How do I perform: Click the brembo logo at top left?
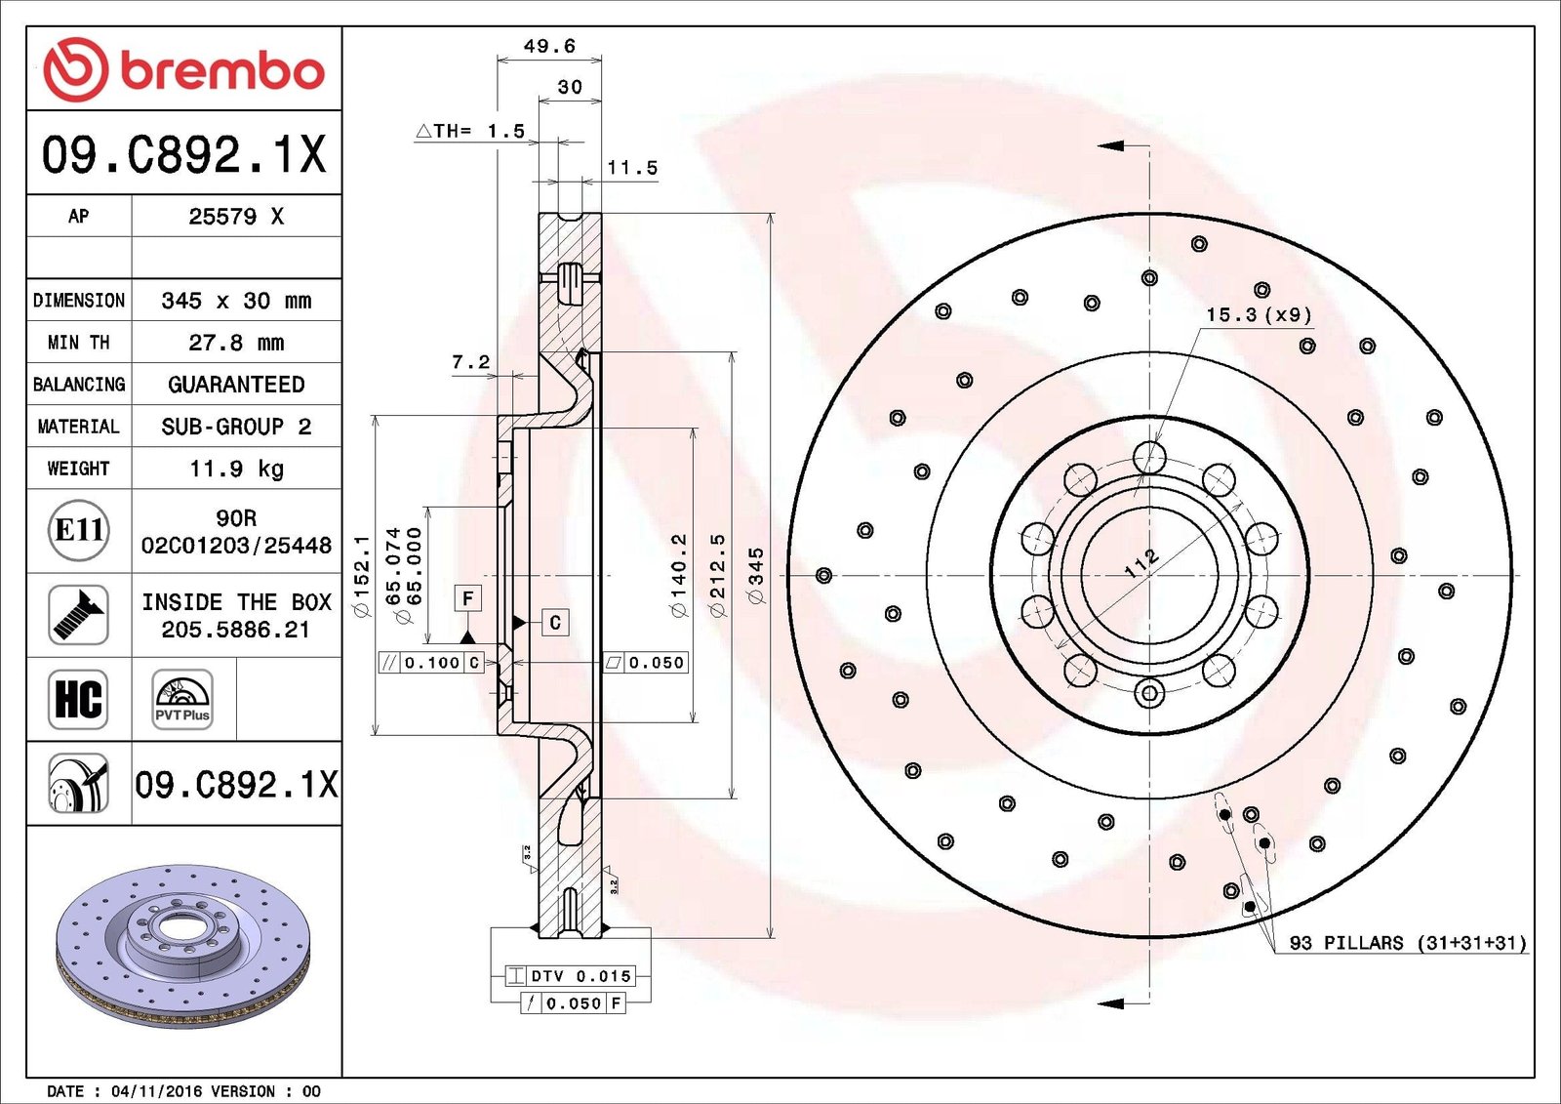184,69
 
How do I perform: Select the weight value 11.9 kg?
236,469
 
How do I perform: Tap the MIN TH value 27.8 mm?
236,343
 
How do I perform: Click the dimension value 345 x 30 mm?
236,301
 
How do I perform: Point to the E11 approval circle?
79,530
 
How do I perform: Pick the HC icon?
78,699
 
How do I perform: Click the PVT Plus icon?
182,699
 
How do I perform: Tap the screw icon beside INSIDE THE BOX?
78,614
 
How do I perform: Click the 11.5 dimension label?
632,167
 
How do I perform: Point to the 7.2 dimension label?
471,362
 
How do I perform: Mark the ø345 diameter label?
756,575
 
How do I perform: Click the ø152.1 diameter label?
362,576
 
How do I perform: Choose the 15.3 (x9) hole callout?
1260,314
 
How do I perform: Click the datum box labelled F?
468,598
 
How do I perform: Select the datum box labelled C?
555,622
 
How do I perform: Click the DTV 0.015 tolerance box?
570,976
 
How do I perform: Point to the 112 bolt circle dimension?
1142,563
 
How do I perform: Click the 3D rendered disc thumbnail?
181,947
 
